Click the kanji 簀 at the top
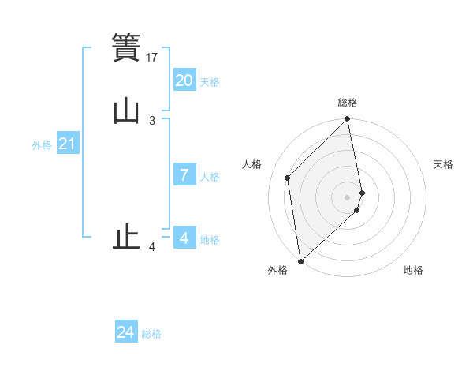coord(126,47)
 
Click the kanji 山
coord(126,111)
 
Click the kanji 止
coord(126,238)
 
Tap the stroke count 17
coord(153,58)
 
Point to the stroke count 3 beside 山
coord(152,121)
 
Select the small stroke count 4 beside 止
coord(152,248)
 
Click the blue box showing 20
coord(184,81)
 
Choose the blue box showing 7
coord(184,175)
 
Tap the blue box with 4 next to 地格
coord(184,238)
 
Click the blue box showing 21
coord(67,144)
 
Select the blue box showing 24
coord(126,332)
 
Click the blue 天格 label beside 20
coord(210,82)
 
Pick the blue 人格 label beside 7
coord(210,177)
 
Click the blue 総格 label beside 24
coord(151,334)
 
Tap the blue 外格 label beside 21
coord(42,146)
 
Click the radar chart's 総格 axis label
coord(348,103)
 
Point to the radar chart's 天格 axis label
coord(444,164)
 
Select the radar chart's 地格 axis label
coord(413,270)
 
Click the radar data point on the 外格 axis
coord(300,260)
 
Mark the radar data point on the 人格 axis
coord(288,178)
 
